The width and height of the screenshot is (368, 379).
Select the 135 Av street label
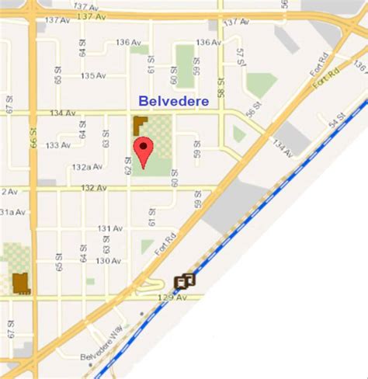click(92, 76)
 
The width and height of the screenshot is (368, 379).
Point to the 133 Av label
click(58, 145)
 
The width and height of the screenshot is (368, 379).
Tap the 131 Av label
click(110, 228)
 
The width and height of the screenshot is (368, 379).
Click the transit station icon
click(185, 281)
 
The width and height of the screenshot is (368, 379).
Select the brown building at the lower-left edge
click(20, 283)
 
